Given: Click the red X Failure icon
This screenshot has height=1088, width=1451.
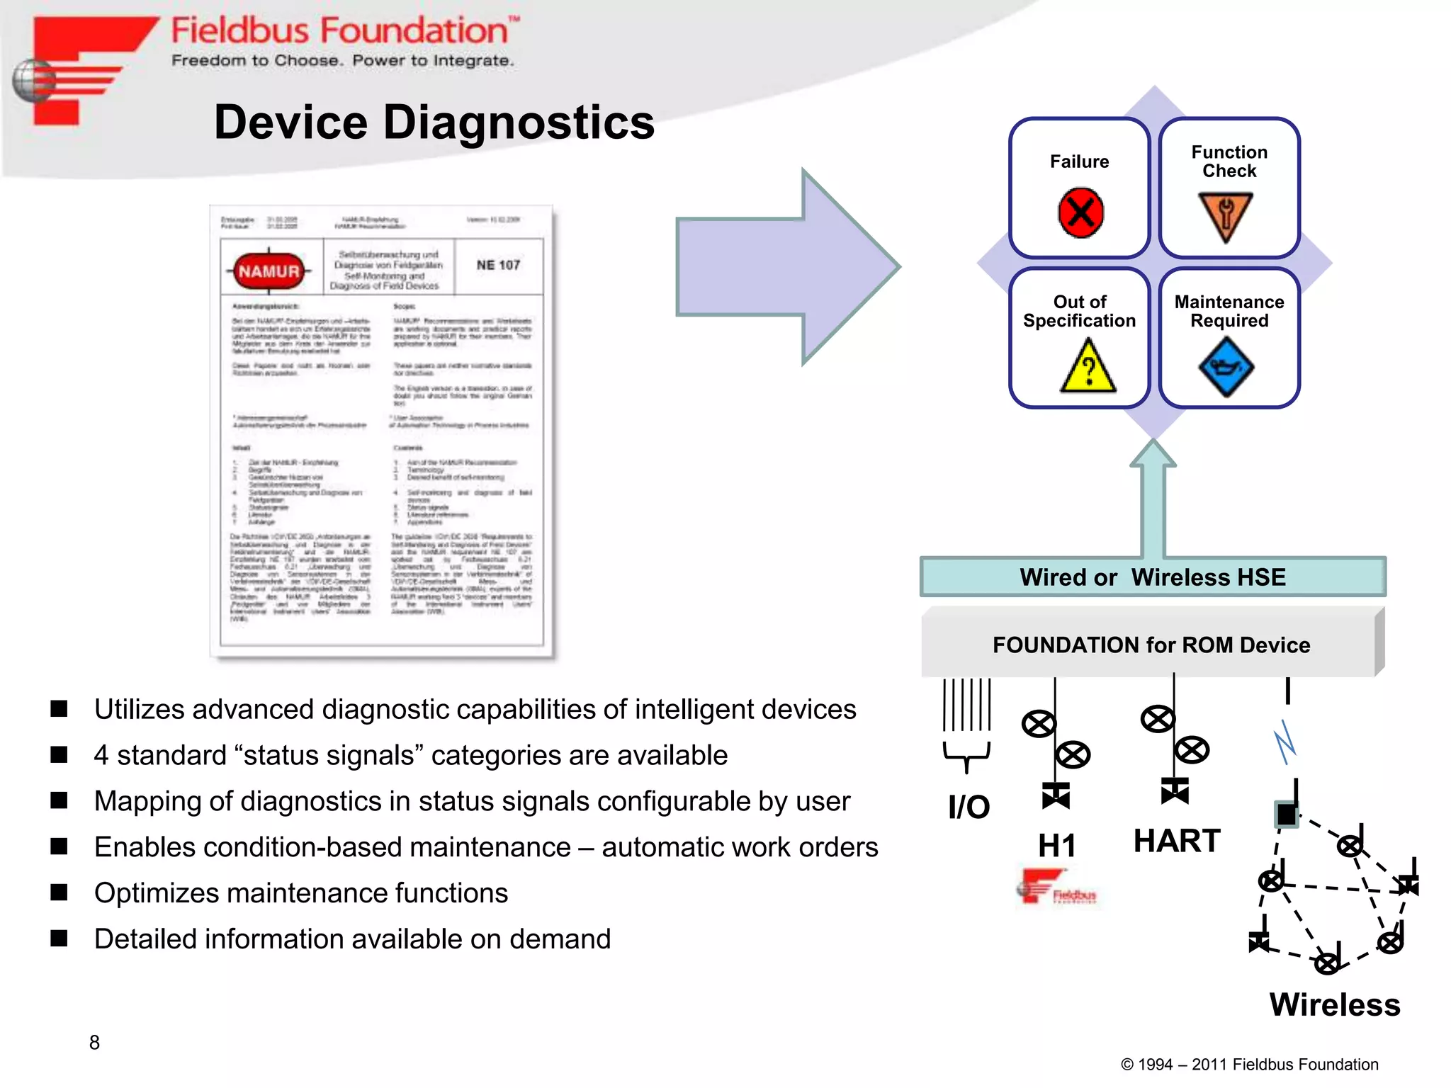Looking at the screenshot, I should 1080,212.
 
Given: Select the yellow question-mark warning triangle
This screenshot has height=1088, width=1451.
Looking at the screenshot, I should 1088,367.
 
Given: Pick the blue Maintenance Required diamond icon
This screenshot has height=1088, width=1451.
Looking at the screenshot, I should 1226,367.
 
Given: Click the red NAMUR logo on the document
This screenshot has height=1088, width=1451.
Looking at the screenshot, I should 269,271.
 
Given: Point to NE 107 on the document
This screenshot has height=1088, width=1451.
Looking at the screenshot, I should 498,265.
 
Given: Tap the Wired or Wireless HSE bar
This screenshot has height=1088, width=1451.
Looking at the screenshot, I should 1153,577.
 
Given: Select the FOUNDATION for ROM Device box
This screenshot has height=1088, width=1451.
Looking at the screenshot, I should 1151,645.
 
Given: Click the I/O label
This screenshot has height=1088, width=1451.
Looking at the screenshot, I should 969,807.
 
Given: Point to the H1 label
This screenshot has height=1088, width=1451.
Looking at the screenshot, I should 1056,845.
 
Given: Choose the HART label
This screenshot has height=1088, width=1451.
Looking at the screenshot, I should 1177,841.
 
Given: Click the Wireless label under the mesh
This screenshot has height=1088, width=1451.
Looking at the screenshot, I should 1335,1004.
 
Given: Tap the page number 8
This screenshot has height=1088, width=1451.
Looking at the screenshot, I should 94,1042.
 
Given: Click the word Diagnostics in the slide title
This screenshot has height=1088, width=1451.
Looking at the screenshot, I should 519,123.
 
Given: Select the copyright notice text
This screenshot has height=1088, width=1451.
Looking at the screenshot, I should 1249,1064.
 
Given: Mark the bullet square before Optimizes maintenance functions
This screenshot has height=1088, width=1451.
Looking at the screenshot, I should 60,892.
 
